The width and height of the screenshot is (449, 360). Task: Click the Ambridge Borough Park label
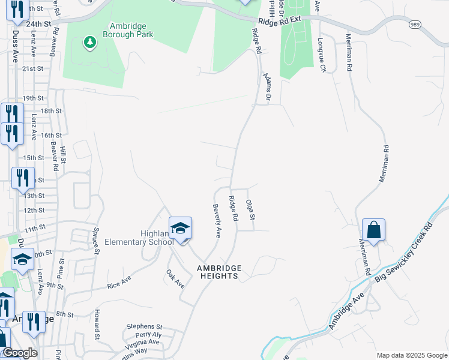pyautogui.click(x=131, y=30)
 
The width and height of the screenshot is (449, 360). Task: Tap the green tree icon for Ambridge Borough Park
pyautogui.click(x=89, y=42)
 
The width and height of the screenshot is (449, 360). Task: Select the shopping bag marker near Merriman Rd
pyautogui.click(x=373, y=230)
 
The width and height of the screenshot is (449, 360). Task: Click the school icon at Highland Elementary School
pyautogui.click(x=180, y=227)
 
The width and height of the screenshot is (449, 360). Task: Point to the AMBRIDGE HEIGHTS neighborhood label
pyautogui.click(x=220, y=272)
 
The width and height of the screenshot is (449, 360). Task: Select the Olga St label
pyautogui.click(x=252, y=209)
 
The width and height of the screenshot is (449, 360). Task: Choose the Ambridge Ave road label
pyautogui.click(x=346, y=312)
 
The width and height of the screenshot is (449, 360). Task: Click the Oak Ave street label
pyautogui.click(x=175, y=279)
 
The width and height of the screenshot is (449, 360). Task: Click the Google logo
pyautogui.click(x=19, y=353)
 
